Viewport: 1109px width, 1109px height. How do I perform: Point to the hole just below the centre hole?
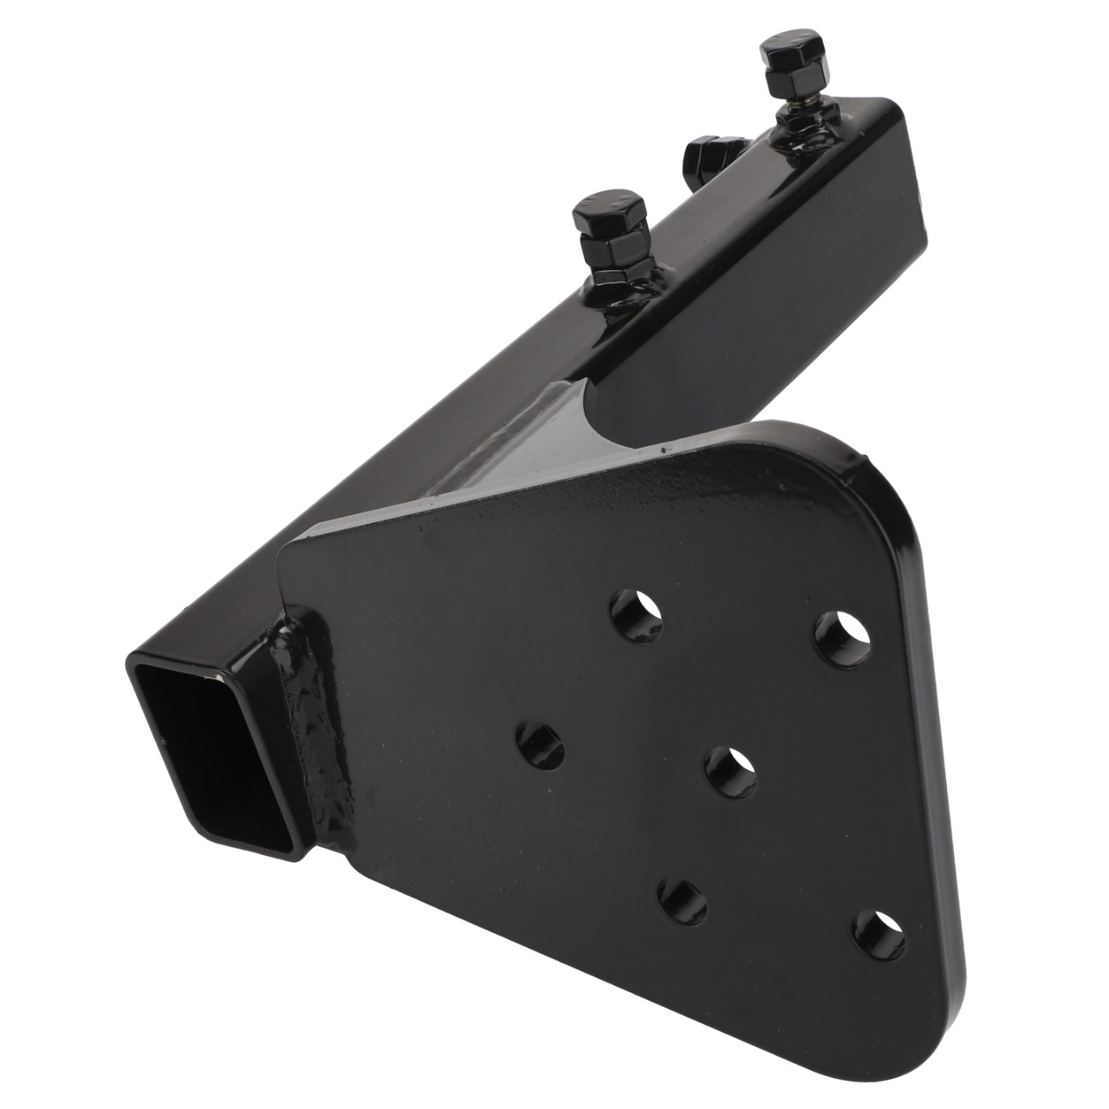click(x=682, y=901)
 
